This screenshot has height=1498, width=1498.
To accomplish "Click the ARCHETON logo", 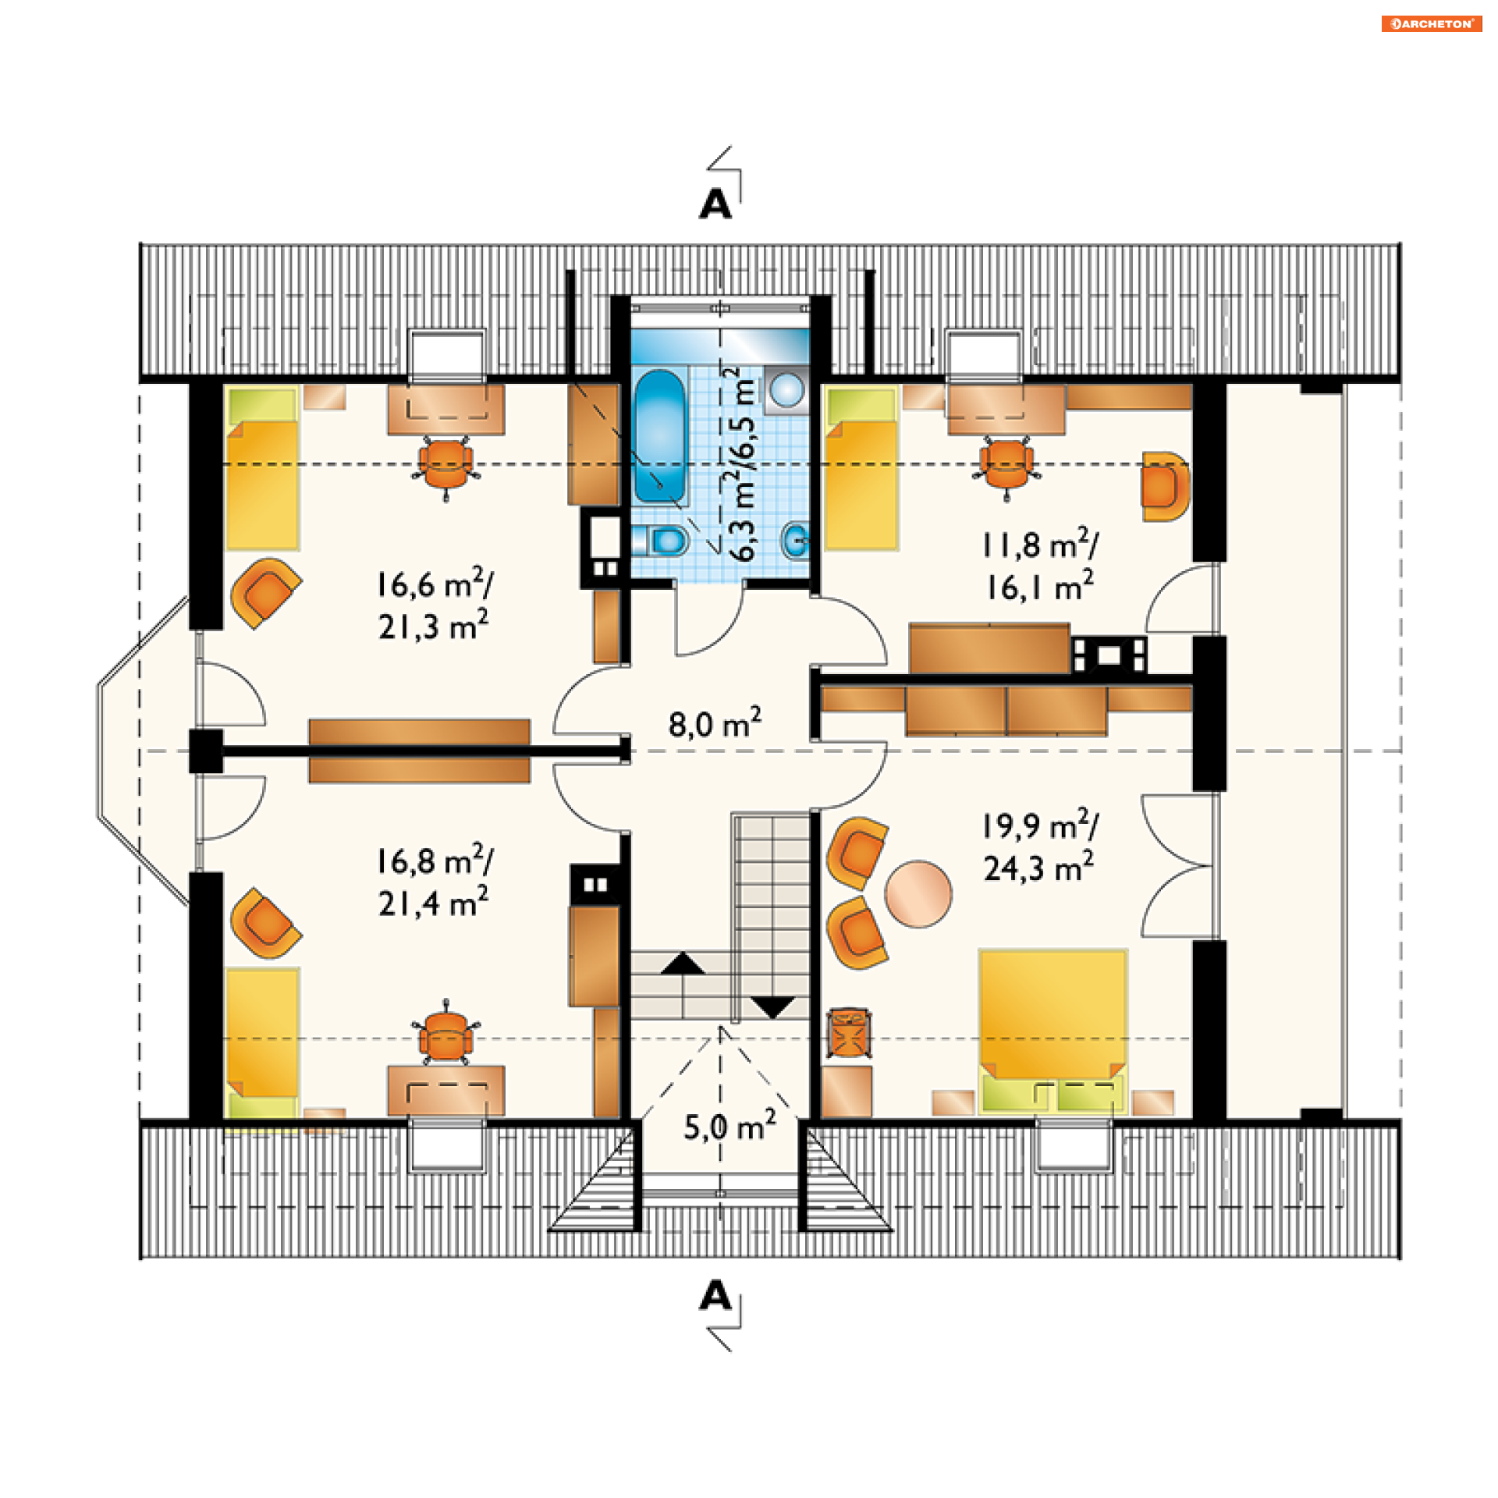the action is [x=1431, y=24].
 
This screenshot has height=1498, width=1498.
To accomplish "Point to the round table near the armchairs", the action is [x=918, y=894].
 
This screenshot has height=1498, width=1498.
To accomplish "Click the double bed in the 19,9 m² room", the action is [x=1053, y=1030].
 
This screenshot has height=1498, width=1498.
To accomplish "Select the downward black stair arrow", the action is [x=772, y=1007].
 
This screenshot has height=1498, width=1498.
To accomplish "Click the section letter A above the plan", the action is [x=715, y=204].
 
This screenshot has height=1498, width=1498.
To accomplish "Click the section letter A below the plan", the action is [x=715, y=1296].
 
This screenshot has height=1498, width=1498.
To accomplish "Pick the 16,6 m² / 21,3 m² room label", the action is [x=435, y=605].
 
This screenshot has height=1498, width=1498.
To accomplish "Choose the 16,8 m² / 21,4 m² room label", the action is [x=435, y=881].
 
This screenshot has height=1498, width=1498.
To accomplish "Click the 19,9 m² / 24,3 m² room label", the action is [x=1040, y=846].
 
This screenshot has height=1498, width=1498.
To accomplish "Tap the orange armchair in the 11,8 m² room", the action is [x=1165, y=486].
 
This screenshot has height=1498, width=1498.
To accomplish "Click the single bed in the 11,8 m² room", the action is [x=861, y=468].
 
